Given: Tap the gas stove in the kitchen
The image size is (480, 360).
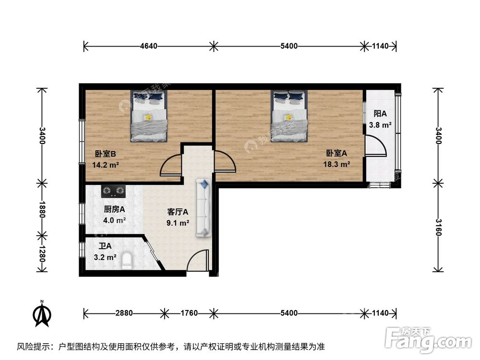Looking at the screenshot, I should pos(113,192).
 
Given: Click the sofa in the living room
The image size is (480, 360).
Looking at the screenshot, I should pos(204,208).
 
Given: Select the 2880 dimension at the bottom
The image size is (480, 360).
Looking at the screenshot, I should pos(124,313).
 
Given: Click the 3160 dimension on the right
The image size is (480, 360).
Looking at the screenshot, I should pos(438,227).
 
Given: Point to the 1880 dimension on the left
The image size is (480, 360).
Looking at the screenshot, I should pos(42,209).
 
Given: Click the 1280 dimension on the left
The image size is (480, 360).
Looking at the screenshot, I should pos(42,253).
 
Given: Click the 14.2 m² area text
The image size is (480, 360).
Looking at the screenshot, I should pos(106,164).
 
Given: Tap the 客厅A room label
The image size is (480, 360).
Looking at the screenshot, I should pos(178,212).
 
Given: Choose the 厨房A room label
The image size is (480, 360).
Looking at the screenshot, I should pos(114,209).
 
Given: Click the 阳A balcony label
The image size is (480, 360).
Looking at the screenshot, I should pos(381,114).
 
